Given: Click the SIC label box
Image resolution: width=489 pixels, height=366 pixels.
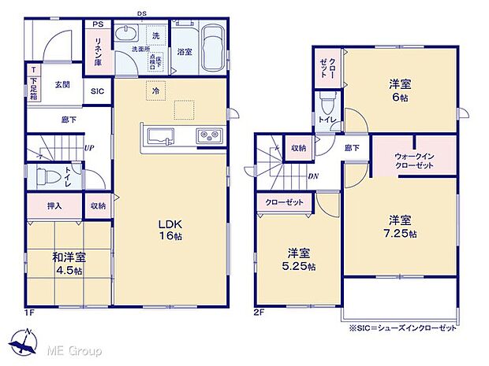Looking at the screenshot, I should click(98, 91).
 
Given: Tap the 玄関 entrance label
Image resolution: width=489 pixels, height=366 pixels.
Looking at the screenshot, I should click(64, 85).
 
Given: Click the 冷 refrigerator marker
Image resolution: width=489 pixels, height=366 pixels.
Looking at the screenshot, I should click(155, 91).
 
